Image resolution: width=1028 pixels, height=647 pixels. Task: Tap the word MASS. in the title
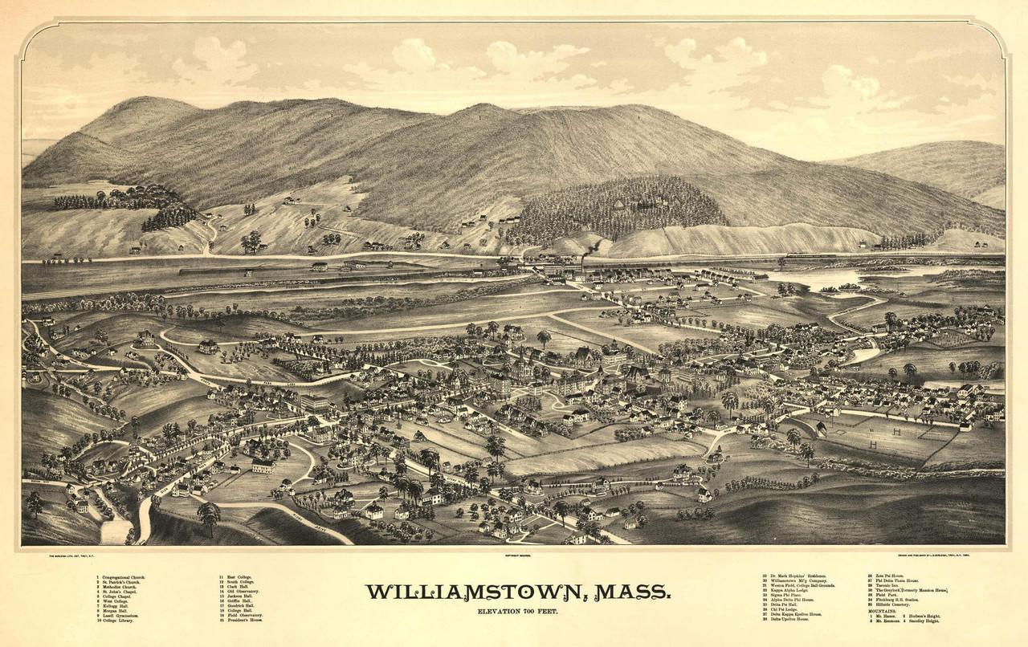(634, 592)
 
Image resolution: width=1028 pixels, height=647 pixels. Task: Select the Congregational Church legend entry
(120, 577)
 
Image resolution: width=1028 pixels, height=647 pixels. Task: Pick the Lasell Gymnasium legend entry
(119, 616)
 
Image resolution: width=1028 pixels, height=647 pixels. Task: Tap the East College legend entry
(238, 577)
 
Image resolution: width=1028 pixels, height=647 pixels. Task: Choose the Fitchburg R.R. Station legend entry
(900, 600)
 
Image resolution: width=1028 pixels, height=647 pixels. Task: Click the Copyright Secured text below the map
(514, 554)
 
